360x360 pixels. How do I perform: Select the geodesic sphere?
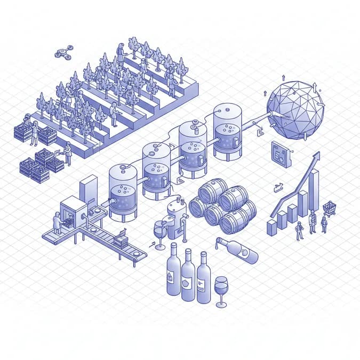tap(295, 110)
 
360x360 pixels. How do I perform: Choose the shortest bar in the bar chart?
tap(271, 226)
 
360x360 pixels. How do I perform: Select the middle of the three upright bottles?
tap(188, 275)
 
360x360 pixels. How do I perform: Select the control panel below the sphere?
tap(281, 155)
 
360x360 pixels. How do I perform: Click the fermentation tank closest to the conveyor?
tap(123, 192)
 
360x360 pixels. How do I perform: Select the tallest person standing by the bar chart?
tap(312, 221)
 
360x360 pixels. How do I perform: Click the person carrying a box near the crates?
tap(67, 153)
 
